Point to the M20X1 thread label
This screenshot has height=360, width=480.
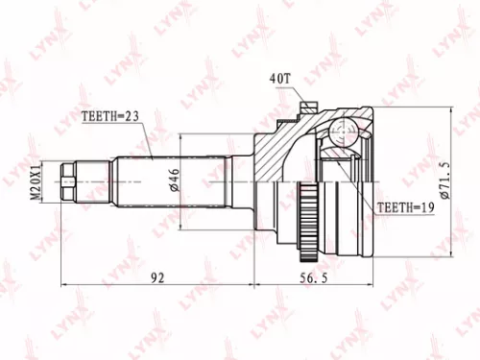(x=36, y=179)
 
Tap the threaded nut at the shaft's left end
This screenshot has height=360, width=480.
(x=69, y=179)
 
